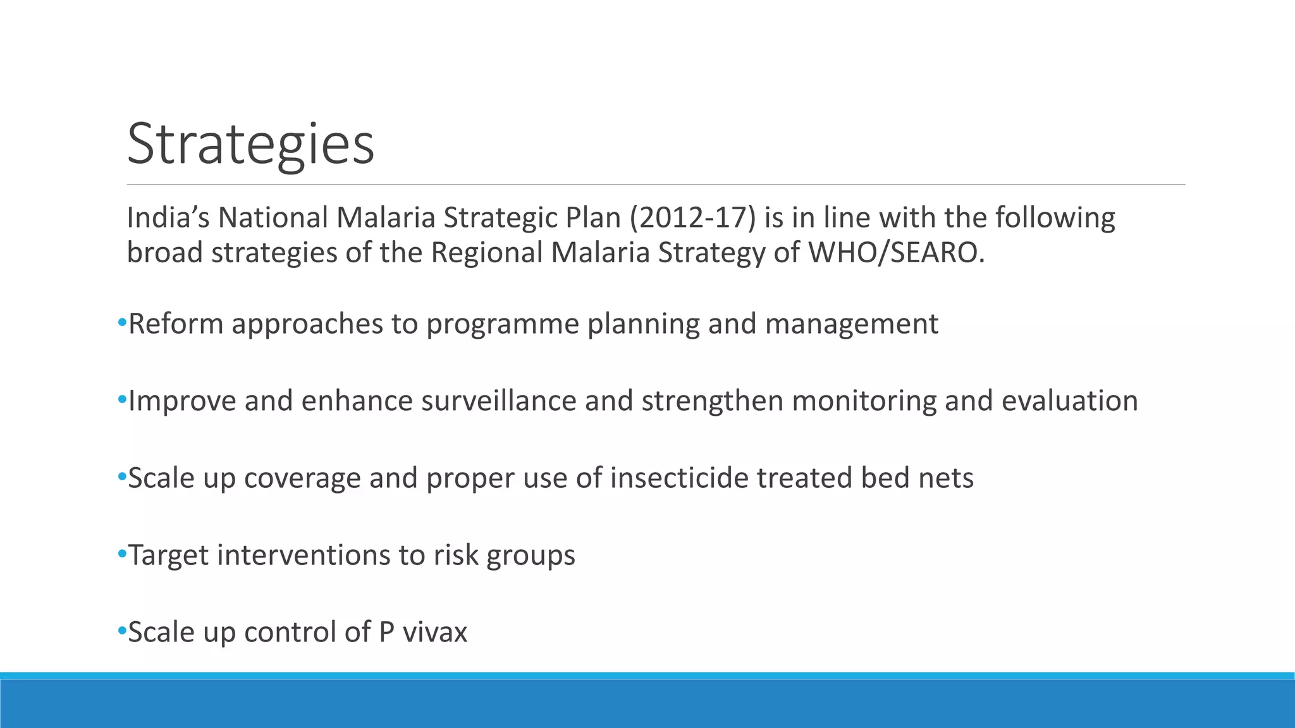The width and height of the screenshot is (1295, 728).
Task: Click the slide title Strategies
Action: coord(250,144)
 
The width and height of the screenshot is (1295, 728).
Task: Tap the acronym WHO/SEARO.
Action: coord(896,253)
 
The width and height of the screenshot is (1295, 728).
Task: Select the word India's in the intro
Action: coord(168,218)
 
